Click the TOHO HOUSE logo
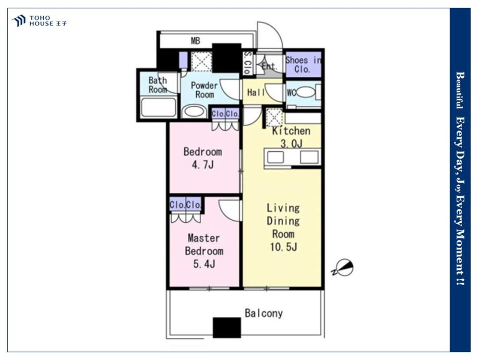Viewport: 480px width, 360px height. tap(39, 21)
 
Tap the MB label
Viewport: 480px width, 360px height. tap(196, 41)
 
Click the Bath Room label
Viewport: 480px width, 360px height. tap(157, 85)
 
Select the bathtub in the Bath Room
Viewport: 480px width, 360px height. tap(158, 107)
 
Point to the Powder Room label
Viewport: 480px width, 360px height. tap(204, 90)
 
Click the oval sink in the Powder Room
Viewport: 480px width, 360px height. tap(192, 111)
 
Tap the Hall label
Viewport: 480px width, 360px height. tap(256, 92)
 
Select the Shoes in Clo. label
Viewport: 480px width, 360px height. tap(303, 65)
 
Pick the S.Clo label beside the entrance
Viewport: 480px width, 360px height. tap(248, 63)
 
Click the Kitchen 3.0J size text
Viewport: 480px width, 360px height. tap(292, 143)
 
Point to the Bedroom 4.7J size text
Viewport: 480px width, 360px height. tap(203, 165)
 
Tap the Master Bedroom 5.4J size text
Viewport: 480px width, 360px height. tap(204, 264)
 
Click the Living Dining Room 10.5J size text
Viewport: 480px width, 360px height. tap(284, 247)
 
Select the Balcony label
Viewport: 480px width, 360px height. tap(264, 313)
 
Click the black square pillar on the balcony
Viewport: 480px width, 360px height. tap(227, 327)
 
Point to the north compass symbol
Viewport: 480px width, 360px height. tap(344, 267)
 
